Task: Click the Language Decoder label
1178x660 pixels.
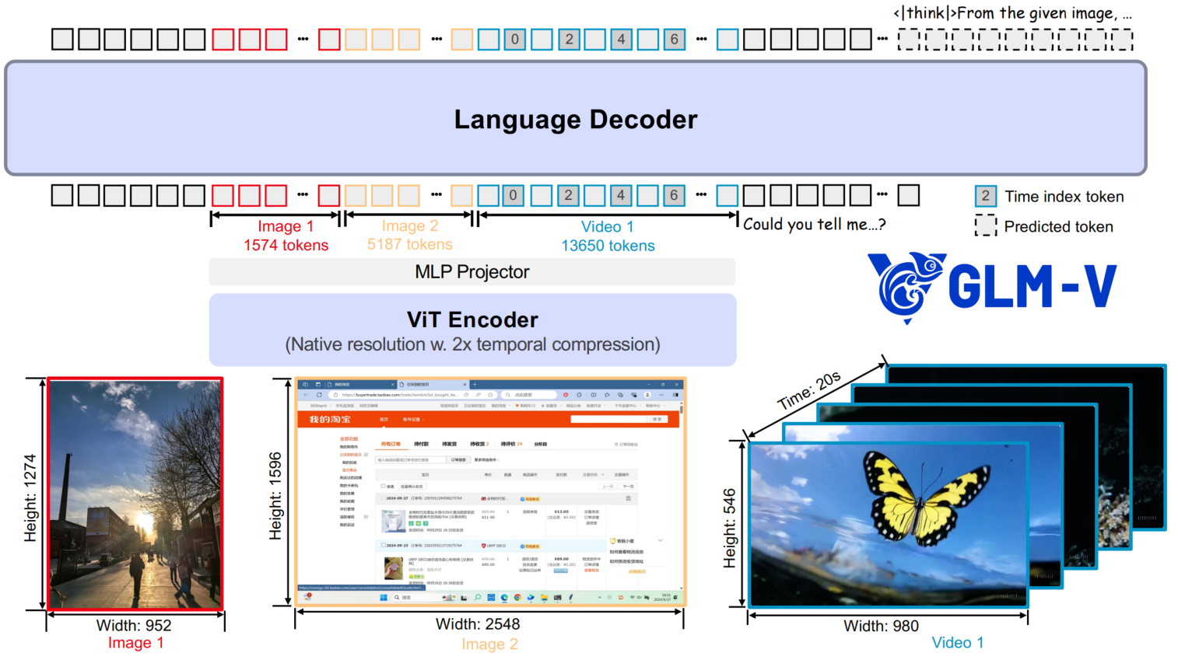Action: (x=576, y=120)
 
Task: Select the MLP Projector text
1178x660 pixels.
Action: (x=472, y=272)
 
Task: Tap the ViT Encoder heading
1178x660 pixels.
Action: (x=472, y=320)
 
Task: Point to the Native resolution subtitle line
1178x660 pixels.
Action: (x=472, y=344)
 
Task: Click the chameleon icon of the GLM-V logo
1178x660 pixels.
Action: (x=905, y=285)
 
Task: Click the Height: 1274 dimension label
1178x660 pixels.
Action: (x=30, y=498)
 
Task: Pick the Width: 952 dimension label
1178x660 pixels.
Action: (x=134, y=625)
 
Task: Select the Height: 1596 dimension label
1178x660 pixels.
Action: (x=275, y=496)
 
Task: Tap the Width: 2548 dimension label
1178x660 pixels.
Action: (x=478, y=623)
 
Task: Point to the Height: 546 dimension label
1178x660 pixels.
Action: (x=729, y=528)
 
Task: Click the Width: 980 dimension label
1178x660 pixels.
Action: (x=881, y=626)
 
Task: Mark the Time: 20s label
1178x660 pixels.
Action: (x=809, y=390)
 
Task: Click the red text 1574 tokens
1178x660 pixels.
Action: (x=286, y=246)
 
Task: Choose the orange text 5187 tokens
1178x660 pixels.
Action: (x=409, y=244)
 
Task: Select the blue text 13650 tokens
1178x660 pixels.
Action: (x=608, y=246)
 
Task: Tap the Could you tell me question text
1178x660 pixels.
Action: (x=814, y=225)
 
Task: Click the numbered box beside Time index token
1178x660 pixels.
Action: (x=985, y=196)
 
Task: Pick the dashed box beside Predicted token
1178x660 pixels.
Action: (x=985, y=226)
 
